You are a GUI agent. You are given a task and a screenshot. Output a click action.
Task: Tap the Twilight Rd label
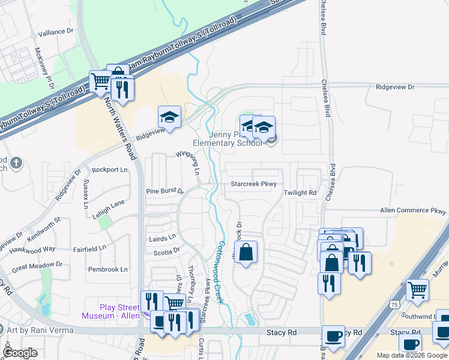click(300, 193)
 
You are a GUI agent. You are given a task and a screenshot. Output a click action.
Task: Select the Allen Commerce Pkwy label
click(414, 211)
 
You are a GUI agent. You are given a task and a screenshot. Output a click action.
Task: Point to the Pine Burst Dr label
click(164, 191)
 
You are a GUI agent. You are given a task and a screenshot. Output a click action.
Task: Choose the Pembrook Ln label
click(108, 269)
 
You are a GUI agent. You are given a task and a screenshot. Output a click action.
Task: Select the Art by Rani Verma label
click(39, 330)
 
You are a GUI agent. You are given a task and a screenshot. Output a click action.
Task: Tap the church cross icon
click(17, 162)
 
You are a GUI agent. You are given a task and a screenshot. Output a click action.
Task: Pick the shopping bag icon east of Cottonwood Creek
click(246, 253)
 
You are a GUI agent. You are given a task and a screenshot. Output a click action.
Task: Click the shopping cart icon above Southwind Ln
click(418, 290)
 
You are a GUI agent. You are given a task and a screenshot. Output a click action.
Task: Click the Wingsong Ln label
click(187, 161)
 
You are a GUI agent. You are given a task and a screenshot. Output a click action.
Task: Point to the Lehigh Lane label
click(109, 204)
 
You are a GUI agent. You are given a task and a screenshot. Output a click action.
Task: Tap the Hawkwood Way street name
click(32, 248)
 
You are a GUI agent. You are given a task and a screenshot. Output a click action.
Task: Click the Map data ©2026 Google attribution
click(412, 355)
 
